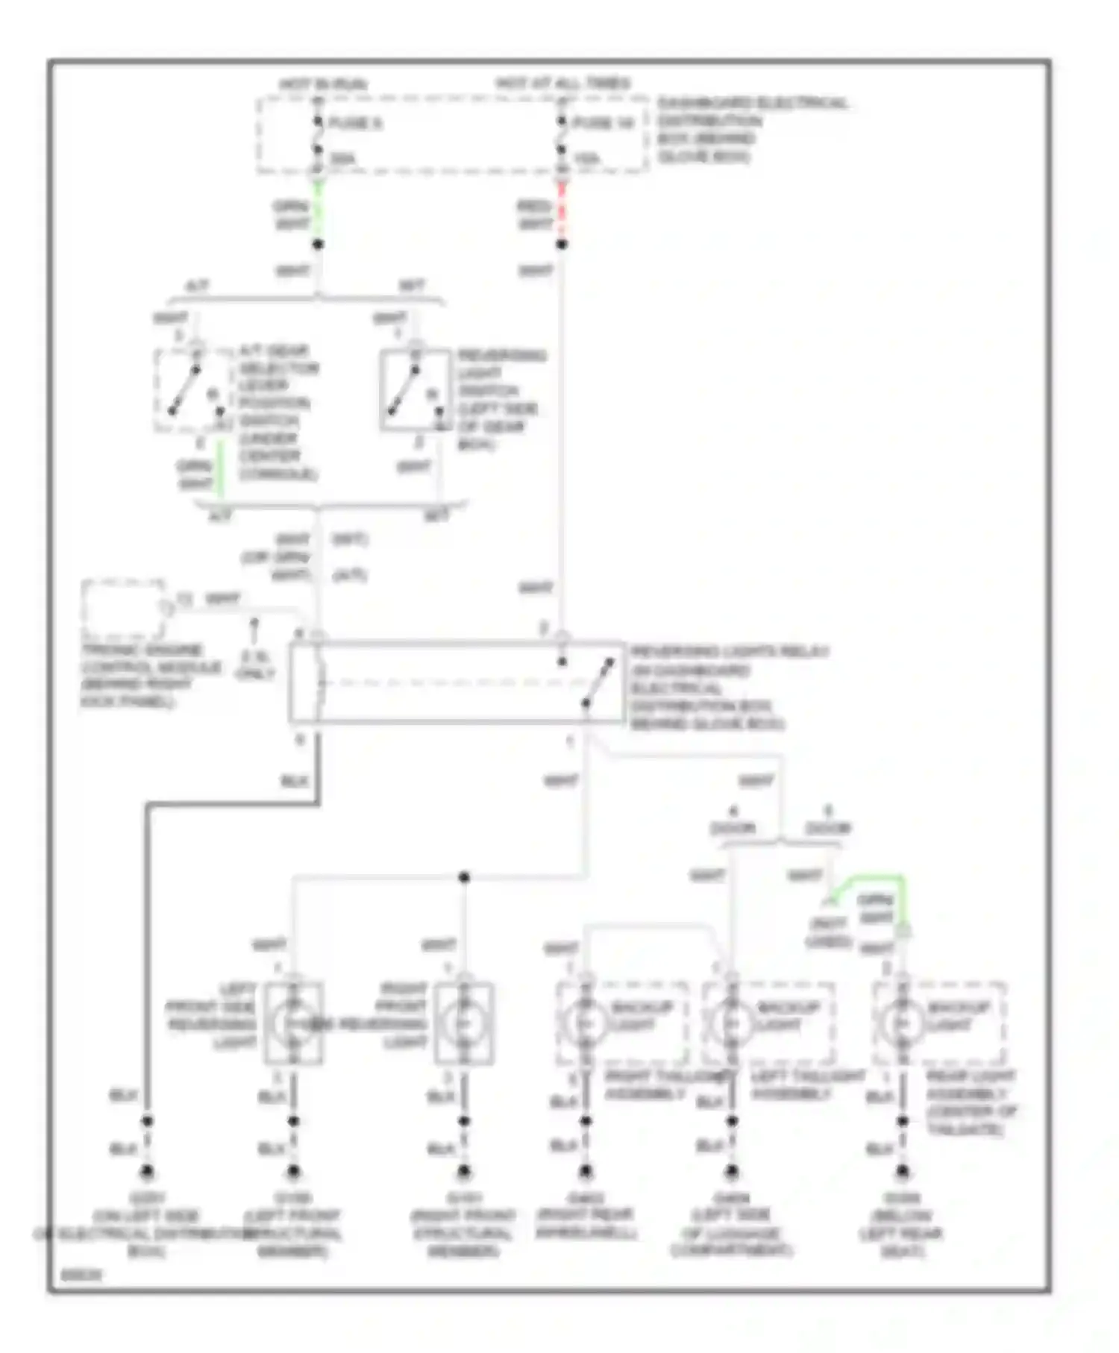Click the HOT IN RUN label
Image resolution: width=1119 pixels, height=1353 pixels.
pos(323,84)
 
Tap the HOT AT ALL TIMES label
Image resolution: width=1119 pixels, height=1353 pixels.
pos(563,83)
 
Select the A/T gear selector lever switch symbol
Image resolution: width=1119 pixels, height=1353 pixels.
pos(192,390)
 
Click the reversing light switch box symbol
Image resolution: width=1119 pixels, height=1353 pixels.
pos(415,390)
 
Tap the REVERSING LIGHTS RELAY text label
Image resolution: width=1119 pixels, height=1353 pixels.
pos(729,652)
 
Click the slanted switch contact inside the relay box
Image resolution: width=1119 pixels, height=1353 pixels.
pos(598,682)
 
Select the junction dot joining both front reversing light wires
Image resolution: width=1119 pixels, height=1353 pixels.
pos(464,877)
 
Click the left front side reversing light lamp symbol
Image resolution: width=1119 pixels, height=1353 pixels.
pos(293,1023)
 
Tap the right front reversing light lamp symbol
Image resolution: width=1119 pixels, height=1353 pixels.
pos(464,1023)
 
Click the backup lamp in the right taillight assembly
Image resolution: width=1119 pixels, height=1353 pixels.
pos(585,1023)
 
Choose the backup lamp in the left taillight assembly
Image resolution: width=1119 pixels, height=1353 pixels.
pos(732,1023)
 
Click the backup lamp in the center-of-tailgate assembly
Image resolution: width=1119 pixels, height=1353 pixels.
pos(903,1023)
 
